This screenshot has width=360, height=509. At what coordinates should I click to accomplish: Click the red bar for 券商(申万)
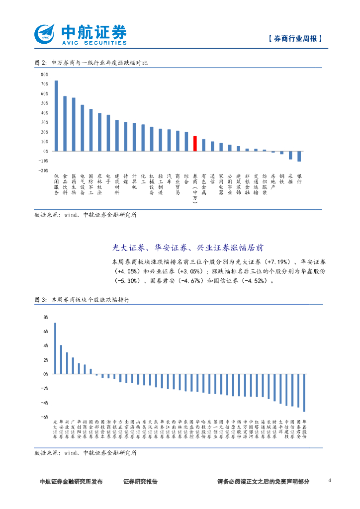[x=195, y=144]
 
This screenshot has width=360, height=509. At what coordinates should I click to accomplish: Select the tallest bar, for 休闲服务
[x=56, y=116]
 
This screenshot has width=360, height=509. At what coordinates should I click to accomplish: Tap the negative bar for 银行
[x=299, y=156]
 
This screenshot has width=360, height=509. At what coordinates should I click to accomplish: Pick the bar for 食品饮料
[x=65, y=124]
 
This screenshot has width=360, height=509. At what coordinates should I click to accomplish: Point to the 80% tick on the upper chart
[x=44, y=75]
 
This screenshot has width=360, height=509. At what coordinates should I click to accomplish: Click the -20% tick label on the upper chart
[x=43, y=170]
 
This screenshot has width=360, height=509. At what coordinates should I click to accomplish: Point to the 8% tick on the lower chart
[x=46, y=317]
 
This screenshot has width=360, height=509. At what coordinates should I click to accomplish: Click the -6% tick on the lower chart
[x=45, y=417]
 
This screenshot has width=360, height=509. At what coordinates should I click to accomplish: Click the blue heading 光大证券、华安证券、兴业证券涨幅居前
[x=195, y=247]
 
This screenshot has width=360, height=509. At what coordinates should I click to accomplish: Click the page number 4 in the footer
[x=330, y=481]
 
